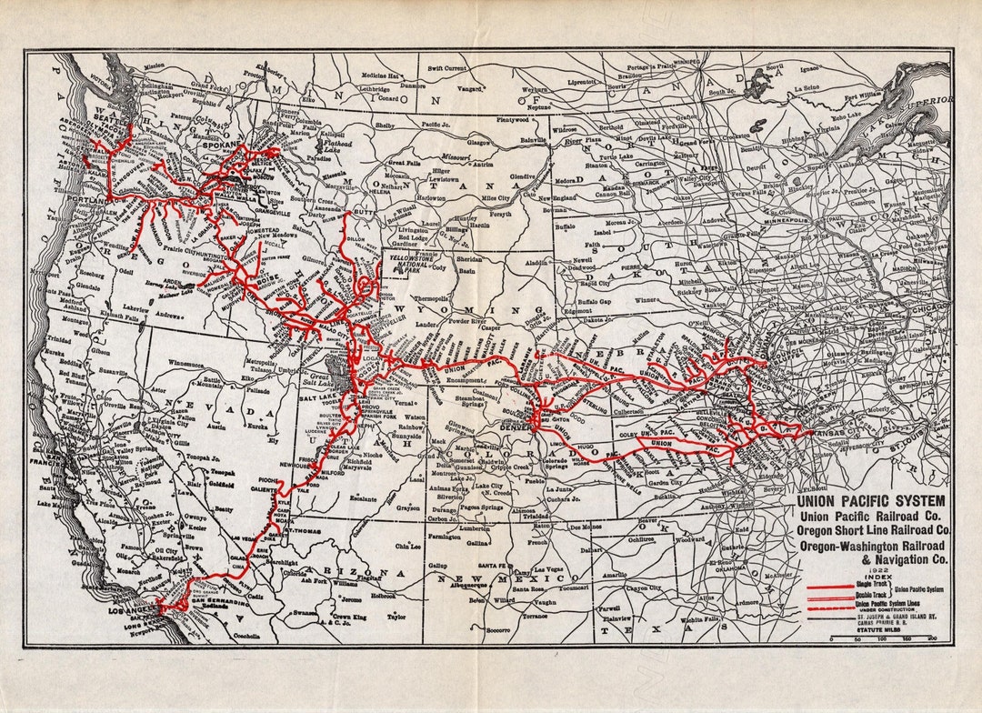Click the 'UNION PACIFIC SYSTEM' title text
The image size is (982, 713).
(x=870, y=500)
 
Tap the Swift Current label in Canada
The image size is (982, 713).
(x=448, y=67)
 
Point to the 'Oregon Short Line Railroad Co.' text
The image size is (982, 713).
(x=873, y=529)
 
